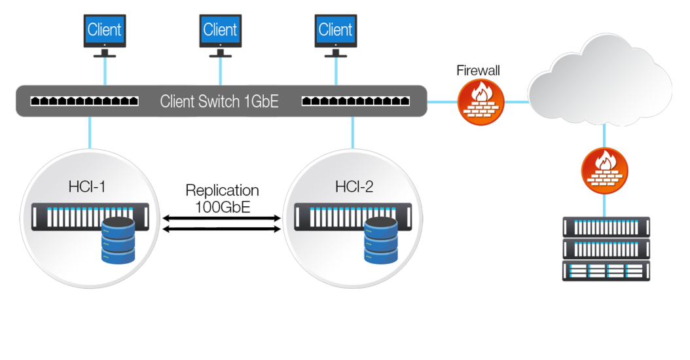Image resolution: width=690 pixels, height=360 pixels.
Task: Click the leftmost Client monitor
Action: [x=105, y=30]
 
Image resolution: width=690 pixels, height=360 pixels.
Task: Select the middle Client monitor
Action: [x=220, y=30]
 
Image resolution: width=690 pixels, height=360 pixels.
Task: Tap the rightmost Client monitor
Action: [x=335, y=30]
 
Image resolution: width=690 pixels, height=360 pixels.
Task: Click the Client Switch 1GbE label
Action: [x=220, y=101]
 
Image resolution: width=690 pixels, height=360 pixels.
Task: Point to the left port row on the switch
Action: [x=84, y=101]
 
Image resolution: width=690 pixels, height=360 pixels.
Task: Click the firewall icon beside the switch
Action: [x=481, y=101]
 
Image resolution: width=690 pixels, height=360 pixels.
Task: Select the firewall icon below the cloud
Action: [x=604, y=170]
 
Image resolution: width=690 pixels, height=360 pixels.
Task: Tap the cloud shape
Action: [x=599, y=85]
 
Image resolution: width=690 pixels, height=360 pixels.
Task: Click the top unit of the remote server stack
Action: [x=606, y=226]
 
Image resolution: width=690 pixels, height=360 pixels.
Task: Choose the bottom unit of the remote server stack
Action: [x=606, y=270]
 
